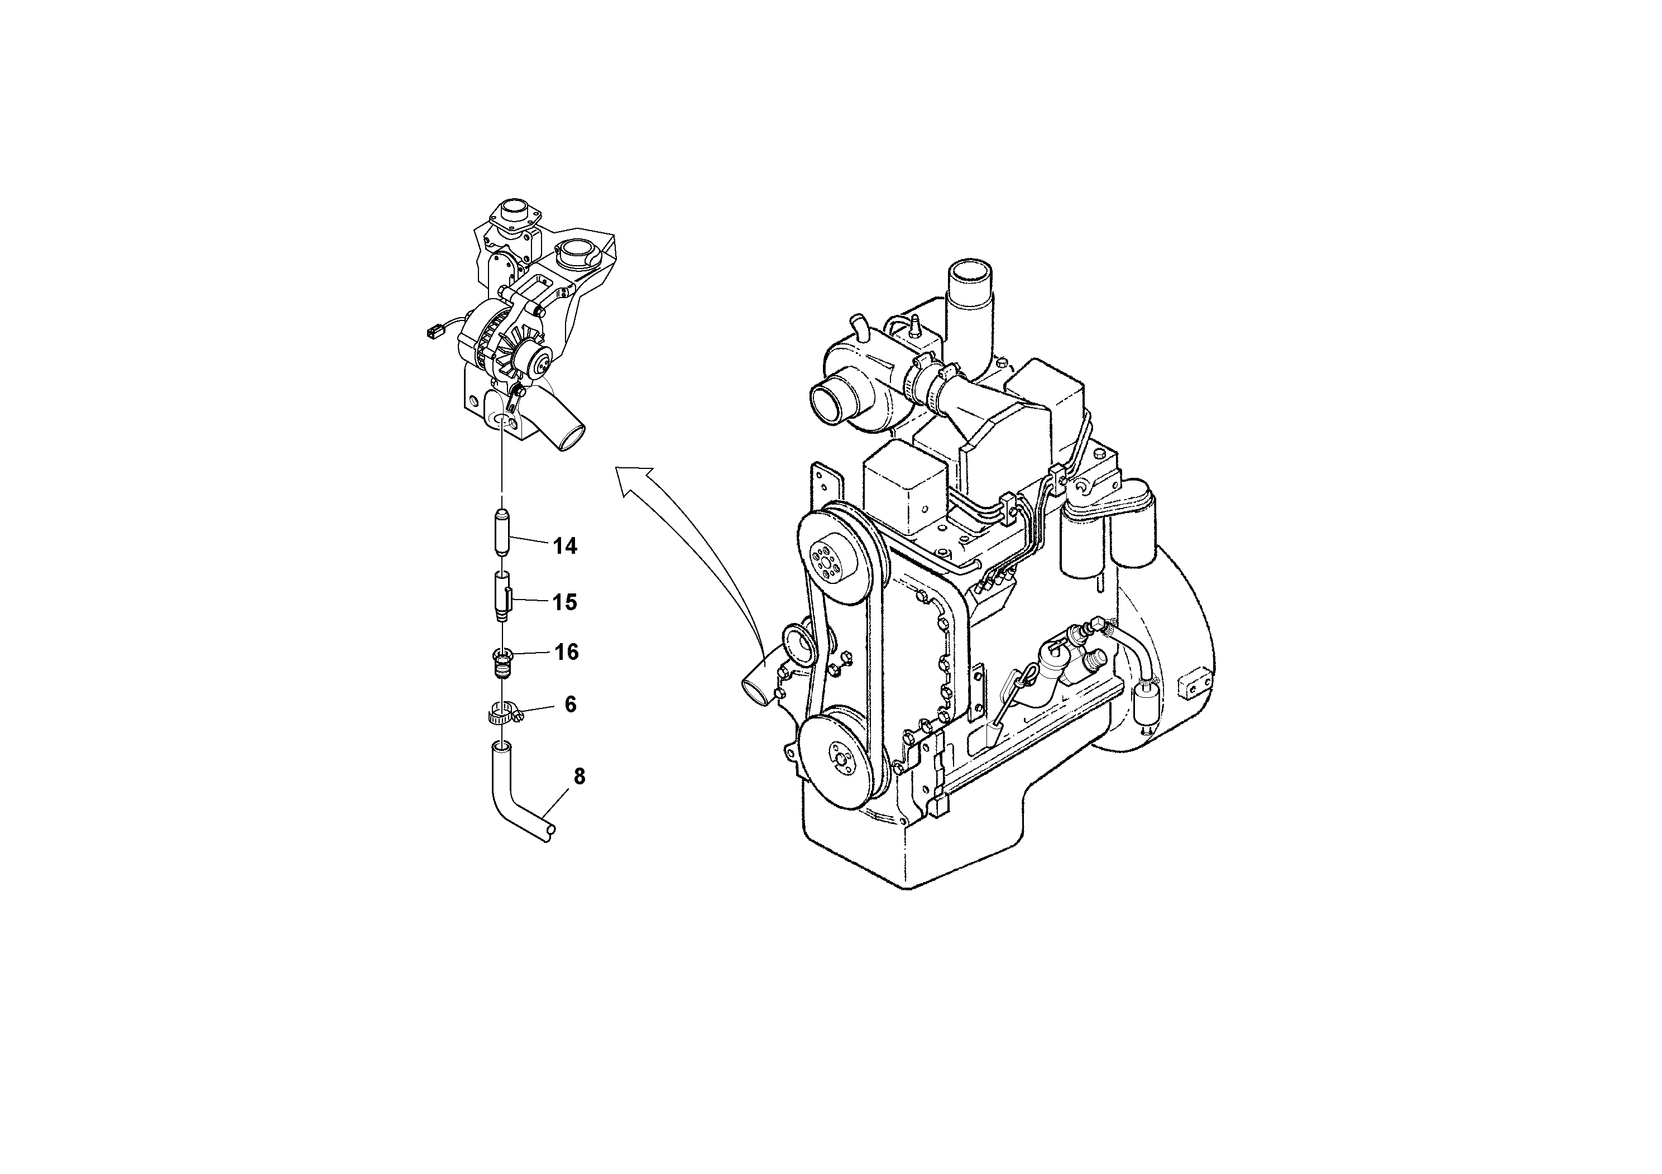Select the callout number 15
point(564,602)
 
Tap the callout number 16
point(566,652)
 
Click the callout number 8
point(579,777)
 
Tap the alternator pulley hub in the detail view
point(538,358)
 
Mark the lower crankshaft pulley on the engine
point(842,753)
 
